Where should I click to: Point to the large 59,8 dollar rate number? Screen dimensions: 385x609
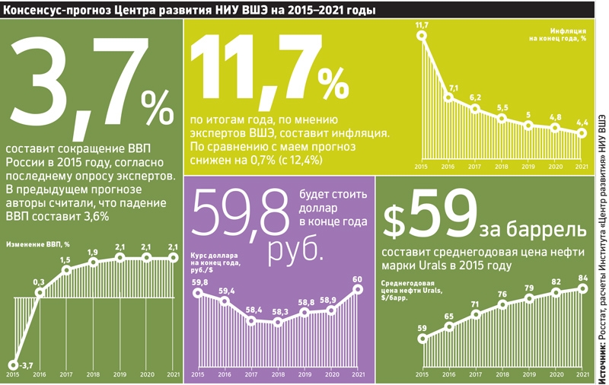click(242, 216)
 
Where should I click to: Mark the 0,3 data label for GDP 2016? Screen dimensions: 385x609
click(39, 282)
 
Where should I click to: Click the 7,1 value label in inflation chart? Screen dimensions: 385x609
click(453, 88)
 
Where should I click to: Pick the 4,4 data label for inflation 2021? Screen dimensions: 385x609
click(582, 122)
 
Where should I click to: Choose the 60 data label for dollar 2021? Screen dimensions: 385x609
click(357, 278)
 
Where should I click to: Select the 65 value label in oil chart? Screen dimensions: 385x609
click(449, 317)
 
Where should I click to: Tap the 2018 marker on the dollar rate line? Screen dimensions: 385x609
click(279, 322)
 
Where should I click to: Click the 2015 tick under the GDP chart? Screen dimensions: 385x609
click(13, 374)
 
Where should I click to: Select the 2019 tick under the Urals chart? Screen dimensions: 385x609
click(529, 374)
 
